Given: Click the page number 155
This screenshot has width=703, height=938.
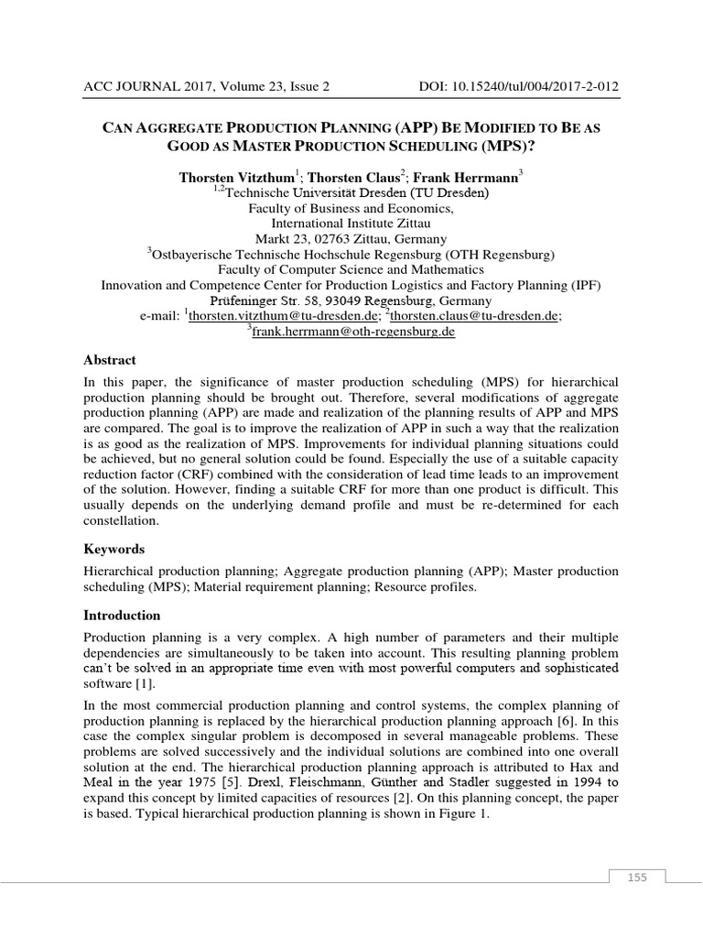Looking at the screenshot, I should click(637, 878).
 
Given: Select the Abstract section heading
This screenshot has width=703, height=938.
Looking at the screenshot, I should click(109, 360).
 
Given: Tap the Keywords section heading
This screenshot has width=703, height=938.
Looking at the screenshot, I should click(114, 549).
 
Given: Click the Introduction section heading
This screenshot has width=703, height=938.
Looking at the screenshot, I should click(122, 616).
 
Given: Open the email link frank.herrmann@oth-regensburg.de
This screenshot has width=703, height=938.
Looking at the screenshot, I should click(354, 332).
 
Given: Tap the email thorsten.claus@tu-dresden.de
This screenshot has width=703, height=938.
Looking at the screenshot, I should click(475, 315).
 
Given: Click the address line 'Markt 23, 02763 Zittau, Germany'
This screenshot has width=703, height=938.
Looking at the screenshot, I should click(351, 239).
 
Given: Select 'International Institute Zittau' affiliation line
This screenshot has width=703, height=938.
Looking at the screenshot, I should click(351, 224).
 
